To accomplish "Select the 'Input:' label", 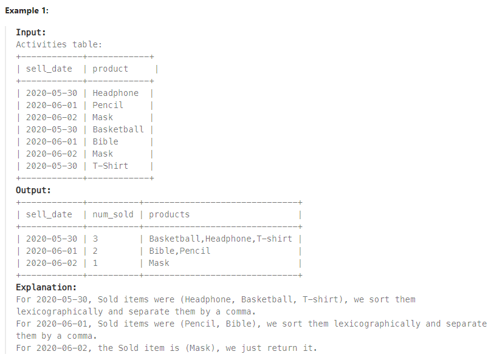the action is [31, 32].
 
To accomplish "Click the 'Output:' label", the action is [33, 190].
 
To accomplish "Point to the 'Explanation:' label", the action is [46, 287].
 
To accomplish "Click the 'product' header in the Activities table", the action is [110, 69].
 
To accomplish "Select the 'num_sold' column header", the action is [112, 214].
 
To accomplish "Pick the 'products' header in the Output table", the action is [169, 214].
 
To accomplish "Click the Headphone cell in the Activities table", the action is [115, 93].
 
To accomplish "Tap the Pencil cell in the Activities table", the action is [108, 105].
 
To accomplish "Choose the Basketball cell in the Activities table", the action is [118, 129].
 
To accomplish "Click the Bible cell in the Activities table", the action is [105, 141].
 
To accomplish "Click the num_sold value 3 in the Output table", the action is [95, 239].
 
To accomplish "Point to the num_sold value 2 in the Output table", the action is [95, 251].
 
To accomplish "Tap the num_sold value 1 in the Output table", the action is [95, 263].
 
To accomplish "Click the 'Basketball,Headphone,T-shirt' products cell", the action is [220, 239].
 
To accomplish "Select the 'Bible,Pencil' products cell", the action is [179, 251].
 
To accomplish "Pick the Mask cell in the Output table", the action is [159, 263].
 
